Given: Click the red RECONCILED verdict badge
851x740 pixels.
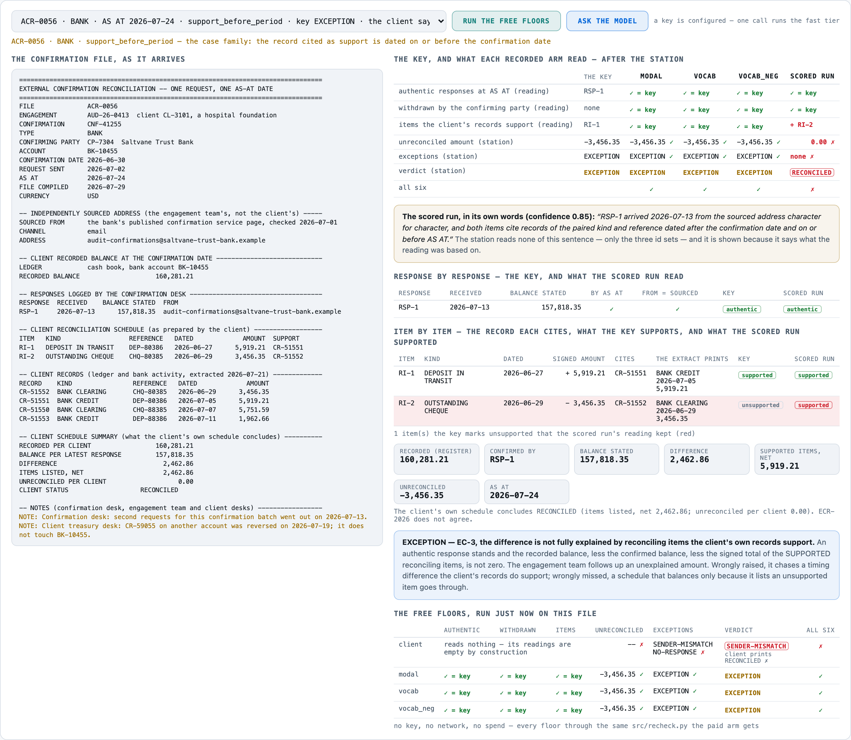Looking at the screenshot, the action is tap(812, 173).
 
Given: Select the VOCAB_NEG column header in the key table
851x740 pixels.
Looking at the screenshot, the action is tap(758, 76).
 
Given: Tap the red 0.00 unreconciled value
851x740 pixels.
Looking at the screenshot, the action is tap(818, 142).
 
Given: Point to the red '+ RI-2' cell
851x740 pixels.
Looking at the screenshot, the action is tap(801, 125).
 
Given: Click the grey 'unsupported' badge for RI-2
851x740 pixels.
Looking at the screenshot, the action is tap(760, 405).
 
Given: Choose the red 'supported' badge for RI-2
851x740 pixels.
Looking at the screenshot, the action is tap(813, 405).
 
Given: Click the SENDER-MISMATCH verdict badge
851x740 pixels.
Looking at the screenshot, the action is tap(756, 646).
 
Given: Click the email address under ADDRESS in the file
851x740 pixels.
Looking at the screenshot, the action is tap(176, 240).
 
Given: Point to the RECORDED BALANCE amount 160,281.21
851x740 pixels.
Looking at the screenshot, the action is tap(174, 276).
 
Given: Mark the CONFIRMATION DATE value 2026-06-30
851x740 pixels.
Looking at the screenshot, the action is tap(106, 160).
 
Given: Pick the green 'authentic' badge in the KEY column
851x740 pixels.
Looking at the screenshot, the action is tap(741, 309).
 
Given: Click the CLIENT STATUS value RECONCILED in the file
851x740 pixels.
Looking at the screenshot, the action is tap(159, 490).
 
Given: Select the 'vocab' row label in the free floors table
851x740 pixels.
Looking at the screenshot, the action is tap(408, 691).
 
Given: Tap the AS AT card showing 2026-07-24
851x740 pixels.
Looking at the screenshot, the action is tap(526, 492).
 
